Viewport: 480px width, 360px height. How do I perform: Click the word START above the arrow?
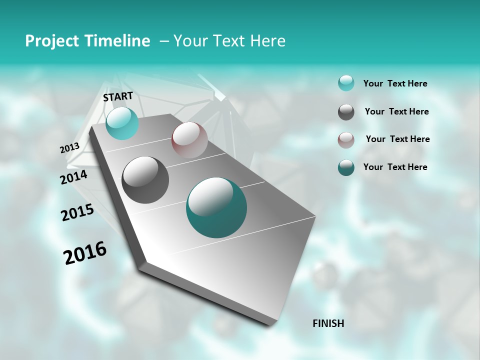(x=118, y=96)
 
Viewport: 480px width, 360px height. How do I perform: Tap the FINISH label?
(x=328, y=323)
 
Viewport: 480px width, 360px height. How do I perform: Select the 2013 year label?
(x=69, y=148)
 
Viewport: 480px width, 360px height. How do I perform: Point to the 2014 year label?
(x=73, y=177)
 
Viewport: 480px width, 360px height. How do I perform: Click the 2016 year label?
(x=85, y=253)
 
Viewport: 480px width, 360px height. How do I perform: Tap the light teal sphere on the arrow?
(x=122, y=123)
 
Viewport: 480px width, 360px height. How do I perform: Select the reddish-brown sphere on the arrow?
(x=189, y=140)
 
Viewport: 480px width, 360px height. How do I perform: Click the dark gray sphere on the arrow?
(x=145, y=180)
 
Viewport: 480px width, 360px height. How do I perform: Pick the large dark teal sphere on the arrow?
(x=216, y=207)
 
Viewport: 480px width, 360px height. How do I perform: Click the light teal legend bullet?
(x=346, y=83)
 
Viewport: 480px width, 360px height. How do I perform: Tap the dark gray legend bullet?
(x=346, y=112)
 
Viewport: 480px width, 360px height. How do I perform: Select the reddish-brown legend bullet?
(x=346, y=140)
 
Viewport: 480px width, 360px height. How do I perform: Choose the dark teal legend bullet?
(x=346, y=167)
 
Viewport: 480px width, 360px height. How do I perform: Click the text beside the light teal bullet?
(x=395, y=84)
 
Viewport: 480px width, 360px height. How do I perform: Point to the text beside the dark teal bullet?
(x=395, y=167)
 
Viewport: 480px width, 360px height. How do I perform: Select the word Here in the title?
(x=267, y=41)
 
